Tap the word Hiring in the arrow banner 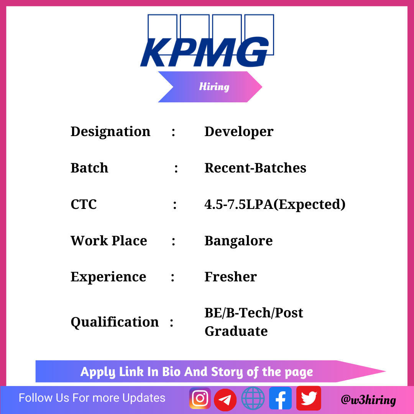[x=214, y=87]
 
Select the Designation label [x=110, y=131]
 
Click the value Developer [x=239, y=131]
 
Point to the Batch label [x=89, y=168]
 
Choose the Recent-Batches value [x=255, y=168]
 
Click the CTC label [x=84, y=204]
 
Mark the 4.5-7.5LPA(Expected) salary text [x=275, y=204]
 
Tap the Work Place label [x=109, y=240]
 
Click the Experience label [x=108, y=277]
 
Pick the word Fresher [x=230, y=277]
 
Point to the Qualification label [x=115, y=322]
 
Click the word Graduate [x=236, y=331]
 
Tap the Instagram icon [x=200, y=398]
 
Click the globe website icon [x=253, y=398]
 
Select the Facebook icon [x=280, y=398]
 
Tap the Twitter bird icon [x=309, y=398]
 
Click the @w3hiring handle [x=368, y=400]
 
